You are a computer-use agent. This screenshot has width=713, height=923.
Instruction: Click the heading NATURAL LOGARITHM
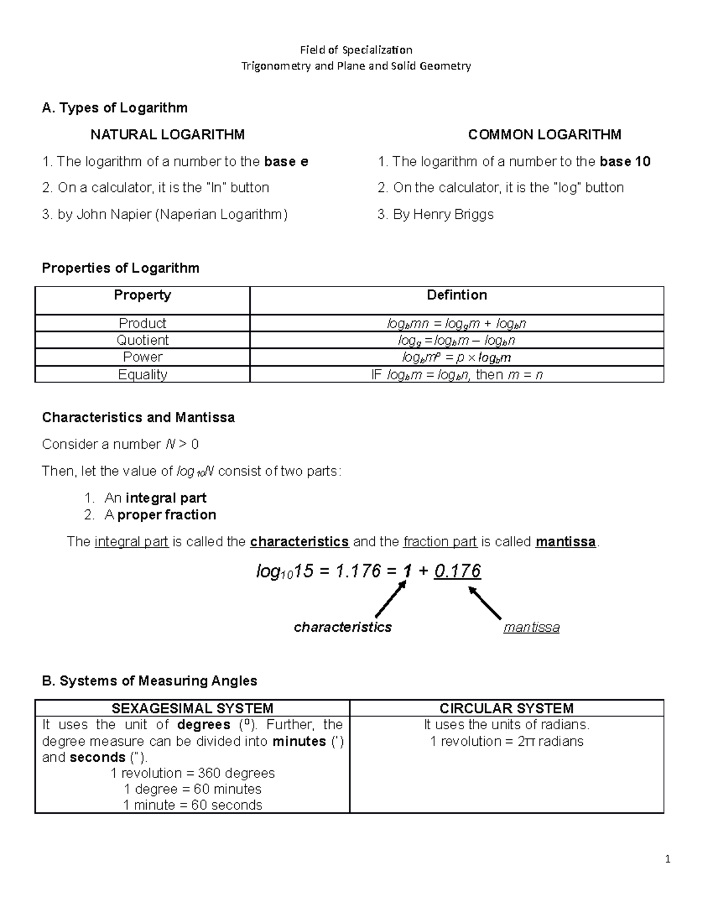167,135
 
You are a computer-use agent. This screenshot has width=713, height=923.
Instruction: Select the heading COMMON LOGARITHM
544,135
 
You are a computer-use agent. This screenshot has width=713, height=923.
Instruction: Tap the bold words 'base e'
286,162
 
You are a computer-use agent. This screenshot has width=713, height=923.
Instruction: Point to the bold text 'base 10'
625,162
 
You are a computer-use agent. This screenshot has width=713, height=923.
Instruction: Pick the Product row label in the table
143,323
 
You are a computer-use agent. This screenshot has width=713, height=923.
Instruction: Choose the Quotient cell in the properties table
143,340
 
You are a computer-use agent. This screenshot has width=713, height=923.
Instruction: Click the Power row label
143,357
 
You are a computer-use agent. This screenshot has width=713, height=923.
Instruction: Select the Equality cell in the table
143,374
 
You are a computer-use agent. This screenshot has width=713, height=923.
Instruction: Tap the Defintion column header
456,295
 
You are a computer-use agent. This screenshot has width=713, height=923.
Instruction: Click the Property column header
143,295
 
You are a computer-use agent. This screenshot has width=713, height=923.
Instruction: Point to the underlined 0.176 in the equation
457,571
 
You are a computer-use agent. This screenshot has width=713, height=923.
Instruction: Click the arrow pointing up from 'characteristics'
390,598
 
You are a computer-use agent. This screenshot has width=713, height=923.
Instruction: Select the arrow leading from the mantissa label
485,603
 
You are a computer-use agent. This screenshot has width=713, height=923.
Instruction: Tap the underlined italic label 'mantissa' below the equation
531,628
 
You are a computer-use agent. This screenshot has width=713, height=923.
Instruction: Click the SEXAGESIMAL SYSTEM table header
193,708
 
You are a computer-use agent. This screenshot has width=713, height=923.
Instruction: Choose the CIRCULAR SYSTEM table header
506,708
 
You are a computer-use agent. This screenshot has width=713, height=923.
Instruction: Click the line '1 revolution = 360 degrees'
193,773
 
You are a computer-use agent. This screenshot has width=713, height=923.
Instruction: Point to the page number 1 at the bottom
668,859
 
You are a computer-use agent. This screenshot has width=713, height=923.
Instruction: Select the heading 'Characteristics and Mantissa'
138,418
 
